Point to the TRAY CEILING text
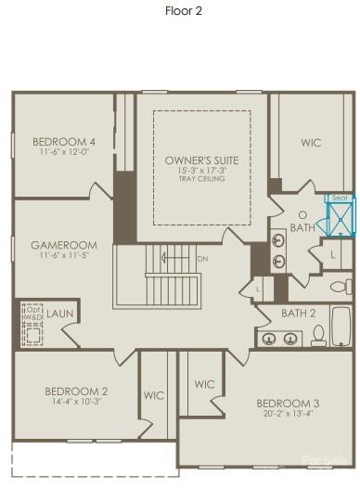pos(201,178)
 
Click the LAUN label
pos(60,315)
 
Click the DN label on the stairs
pos(203,259)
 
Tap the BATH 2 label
pos(299,314)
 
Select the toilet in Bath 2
pos(318,336)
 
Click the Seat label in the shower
pos(340,198)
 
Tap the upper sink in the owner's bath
pos(278,240)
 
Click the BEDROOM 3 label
pos(288,403)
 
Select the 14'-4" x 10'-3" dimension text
pos(79,401)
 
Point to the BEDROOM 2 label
pos(79,391)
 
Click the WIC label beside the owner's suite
pos(311,143)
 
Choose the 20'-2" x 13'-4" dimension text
pos(288,414)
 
